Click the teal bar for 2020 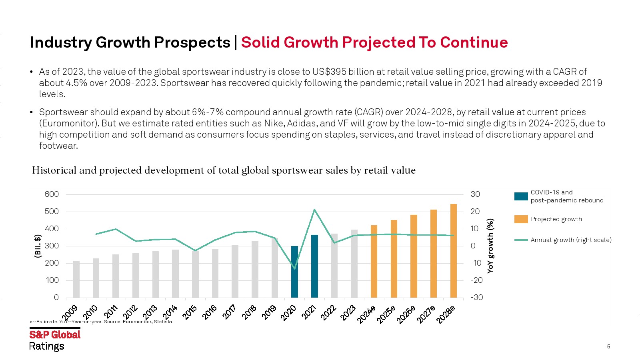coord(294,272)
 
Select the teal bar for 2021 coord(314,266)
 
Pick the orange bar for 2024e coord(374,262)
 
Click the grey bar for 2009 coord(76,279)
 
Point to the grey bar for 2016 coord(215,274)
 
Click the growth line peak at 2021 coord(314,210)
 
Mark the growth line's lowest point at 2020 coord(295,268)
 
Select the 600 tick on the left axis coord(52,194)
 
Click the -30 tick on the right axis coord(476,298)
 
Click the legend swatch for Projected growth coord(521,219)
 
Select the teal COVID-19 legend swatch coord(521,196)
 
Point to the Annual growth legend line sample coord(521,240)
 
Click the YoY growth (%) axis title coord(490,246)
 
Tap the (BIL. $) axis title coord(38,246)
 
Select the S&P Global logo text coord(55,335)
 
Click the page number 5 coord(608,347)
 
